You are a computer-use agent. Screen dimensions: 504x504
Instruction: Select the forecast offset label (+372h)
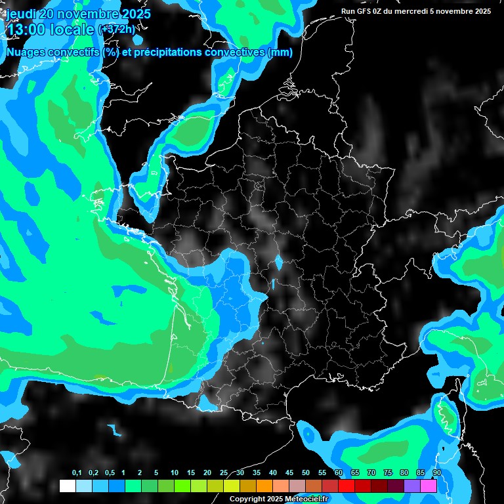(117, 30)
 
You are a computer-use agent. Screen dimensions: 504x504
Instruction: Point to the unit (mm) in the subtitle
(280, 52)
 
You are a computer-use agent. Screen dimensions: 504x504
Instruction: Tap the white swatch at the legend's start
(68, 486)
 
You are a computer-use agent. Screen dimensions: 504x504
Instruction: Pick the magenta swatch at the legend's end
(429, 486)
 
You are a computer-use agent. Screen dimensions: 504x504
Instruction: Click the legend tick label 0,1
(76, 473)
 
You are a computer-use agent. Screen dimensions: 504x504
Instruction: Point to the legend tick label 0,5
(109, 473)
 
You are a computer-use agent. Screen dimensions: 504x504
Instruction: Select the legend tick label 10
(174, 473)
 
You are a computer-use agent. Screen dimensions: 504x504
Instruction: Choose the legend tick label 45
(289, 473)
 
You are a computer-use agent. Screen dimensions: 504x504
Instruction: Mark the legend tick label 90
(436, 473)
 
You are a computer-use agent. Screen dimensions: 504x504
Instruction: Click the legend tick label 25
(223, 473)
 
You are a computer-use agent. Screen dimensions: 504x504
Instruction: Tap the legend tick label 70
(371, 473)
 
